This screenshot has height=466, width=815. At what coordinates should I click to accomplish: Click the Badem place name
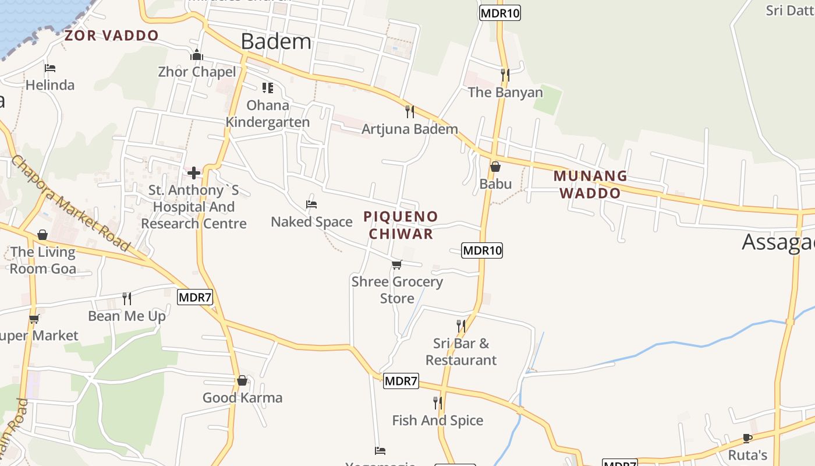pyautogui.click(x=276, y=42)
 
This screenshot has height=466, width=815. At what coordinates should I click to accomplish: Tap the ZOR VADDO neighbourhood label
pyautogui.click(x=111, y=36)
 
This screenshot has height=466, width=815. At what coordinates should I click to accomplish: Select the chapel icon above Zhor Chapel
pyautogui.click(x=197, y=55)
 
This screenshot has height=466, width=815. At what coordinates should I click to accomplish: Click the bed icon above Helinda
pyautogui.click(x=50, y=68)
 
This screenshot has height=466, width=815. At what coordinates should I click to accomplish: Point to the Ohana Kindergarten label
pyautogui.click(x=268, y=114)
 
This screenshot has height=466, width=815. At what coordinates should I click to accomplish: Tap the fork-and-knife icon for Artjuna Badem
pyautogui.click(x=410, y=111)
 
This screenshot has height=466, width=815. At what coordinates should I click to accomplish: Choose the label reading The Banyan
pyautogui.click(x=505, y=92)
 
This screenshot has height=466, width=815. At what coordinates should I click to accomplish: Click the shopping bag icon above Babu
pyautogui.click(x=495, y=167)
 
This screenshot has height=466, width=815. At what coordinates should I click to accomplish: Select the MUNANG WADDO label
pyautogui.click(x=590, y=184)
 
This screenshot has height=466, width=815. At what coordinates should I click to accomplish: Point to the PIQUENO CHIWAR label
pyautogui.click(x=401, y=225)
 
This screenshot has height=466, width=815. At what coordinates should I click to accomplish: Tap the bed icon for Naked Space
pyautogui.click(x=311, y=204)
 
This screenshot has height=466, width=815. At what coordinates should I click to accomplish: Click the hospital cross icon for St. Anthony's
pyautogui.click(x=194, y=173)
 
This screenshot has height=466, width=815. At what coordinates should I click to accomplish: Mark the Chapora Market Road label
pyautogui.click(x=70, y=203)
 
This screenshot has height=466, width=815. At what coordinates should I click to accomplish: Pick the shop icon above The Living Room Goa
pyautogui.click(x=42, y=235)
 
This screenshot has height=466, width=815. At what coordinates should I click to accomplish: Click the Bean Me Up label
pyautogui.click(x=127, y=316)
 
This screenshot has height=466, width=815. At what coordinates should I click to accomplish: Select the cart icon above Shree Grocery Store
pyautogui.click(x=397, y=265)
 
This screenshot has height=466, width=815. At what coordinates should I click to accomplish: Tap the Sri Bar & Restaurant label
pyautogui.click(x=461, y=352)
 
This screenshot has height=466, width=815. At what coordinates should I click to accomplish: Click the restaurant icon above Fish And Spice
pyautogui.click(x=437, y=403)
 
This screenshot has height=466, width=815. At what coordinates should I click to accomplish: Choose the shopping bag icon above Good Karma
pyautogui.click(x=242, y=381)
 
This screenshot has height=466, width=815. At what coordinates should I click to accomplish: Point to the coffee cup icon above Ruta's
pyautogui.click(x=747, y=438)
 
